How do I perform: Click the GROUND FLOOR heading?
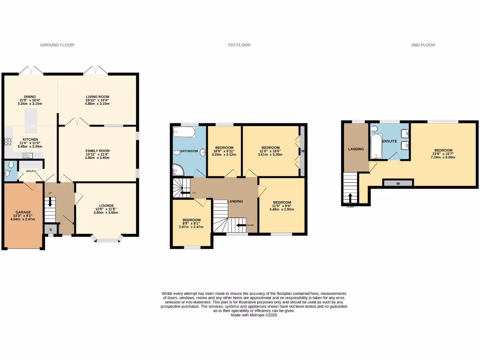point(57,45)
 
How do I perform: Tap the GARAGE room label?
point(22,212)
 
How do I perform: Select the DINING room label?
point(30,97)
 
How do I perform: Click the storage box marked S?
point(51,229)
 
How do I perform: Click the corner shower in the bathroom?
point(179,170)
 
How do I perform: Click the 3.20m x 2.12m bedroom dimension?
point(224,154)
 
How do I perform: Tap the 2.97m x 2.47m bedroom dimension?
point(191,226)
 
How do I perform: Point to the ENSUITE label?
point(390,141)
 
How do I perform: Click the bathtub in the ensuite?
point(376,146)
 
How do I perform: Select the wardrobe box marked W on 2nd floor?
point(398,183)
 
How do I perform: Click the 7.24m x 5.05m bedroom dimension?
point(443,157)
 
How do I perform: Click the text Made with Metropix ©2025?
point(254,315)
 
